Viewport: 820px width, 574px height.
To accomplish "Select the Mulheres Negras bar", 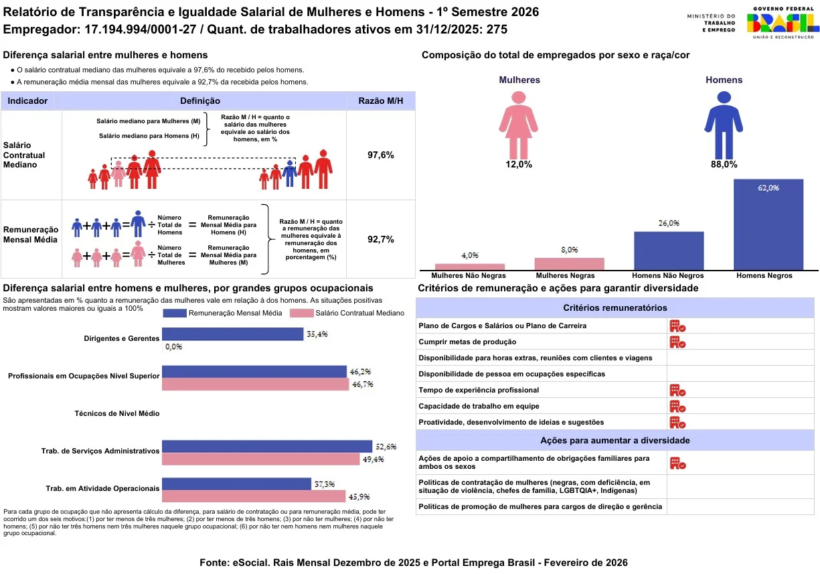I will pos(569,263).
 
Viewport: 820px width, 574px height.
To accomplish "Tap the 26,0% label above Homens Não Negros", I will pos(669,223).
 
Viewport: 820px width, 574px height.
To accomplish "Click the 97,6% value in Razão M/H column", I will pos(381,155).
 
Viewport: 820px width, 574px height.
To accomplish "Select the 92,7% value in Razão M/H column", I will pos(381,239).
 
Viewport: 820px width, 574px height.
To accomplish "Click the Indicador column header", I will pos(27,101).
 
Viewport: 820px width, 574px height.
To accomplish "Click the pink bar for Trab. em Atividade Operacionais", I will pos(254,496).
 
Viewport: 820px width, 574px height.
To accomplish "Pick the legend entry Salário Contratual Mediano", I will pos(347,313).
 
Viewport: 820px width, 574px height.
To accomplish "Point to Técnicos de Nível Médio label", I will pos(117,414).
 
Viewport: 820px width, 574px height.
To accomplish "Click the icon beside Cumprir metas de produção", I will pos(677,342).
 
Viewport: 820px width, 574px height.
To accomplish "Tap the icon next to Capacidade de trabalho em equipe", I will pos(677,407).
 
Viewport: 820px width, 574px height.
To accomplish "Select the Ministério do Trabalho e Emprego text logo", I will pos(711,23).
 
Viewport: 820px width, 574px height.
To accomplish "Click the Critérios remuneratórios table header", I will pos(614,308).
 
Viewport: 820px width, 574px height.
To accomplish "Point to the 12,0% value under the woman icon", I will pos(519,164).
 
